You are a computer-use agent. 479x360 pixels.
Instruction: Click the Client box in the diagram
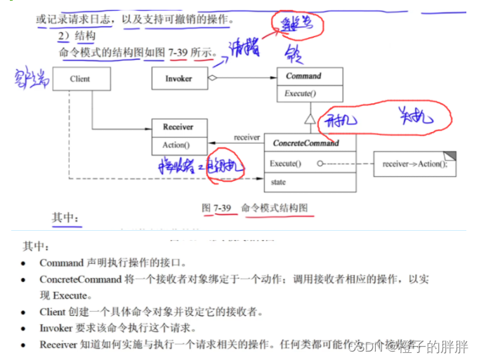tap(81, 79)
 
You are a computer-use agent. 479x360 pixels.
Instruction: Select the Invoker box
tap(179, 79)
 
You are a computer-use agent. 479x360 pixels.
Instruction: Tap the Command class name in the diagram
tap(303, 76)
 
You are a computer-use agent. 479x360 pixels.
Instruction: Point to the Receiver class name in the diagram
tap(178, 127)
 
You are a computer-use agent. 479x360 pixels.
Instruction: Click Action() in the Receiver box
tap(176, 145)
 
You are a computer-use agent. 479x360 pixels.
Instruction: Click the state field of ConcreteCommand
tap(278, 182)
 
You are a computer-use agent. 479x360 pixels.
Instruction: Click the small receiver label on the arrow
tap(247, 137)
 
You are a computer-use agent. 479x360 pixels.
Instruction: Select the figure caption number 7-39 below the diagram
tap(222, 208)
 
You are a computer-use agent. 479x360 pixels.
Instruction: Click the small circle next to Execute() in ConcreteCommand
tap(320, 164)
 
